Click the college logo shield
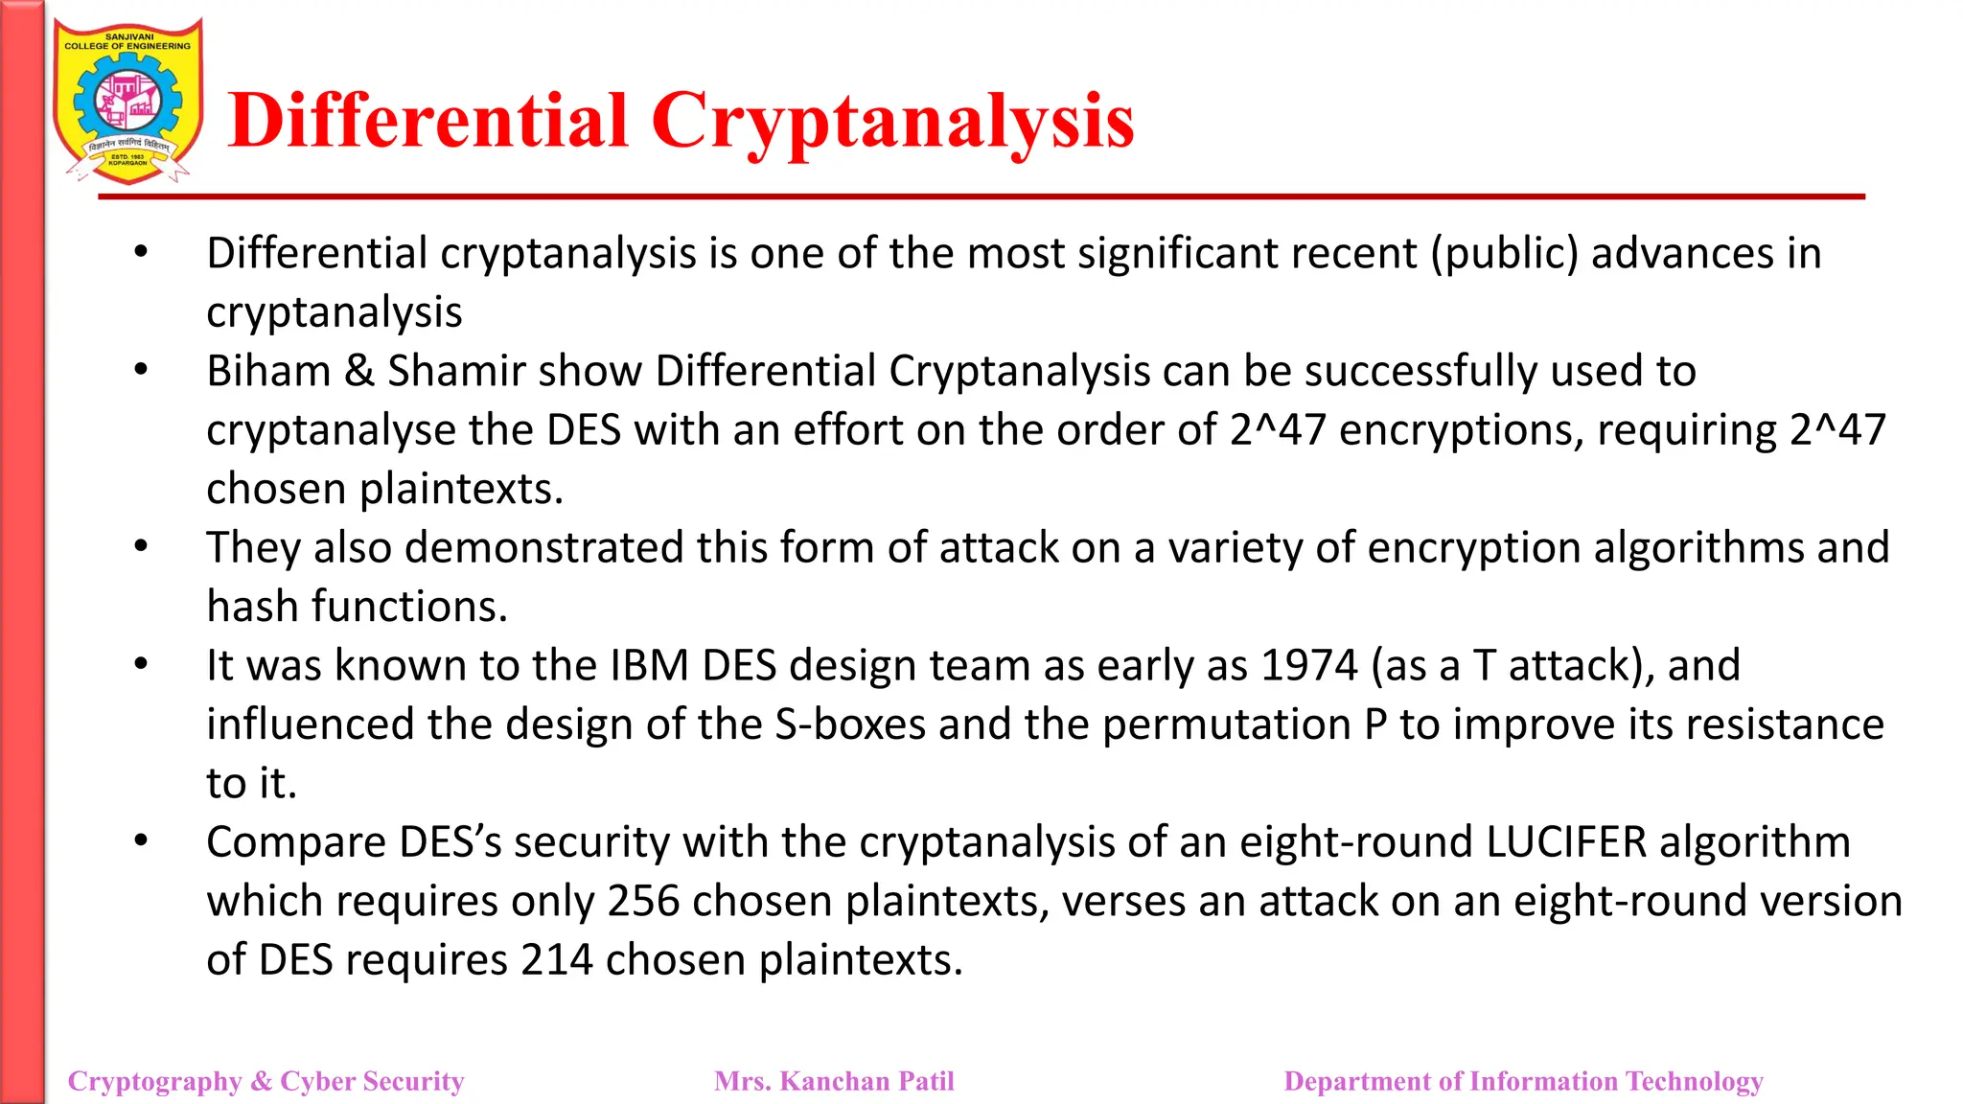pyautogui.click(x=128, y=101)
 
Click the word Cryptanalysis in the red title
pyautogui.click(x=891, y=122)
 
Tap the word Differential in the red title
pyautogui.click(x=428, y=122)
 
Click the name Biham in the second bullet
pyautogui.click(x=268, y=372)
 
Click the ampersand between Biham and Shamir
pyautogui.click(x=358, y=372)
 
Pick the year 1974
pyautogui.click(x=1309, y=666)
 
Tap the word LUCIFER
pyautogui.click(x=1566, y=842)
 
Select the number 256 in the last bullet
pyautogui.click(x=643, y=902)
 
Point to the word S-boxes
pyautogui.click(x=849, y=725)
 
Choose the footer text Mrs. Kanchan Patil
pyautogui.click(x=834, y=1081)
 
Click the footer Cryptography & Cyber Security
pyautogui.click(x=266, y=1081)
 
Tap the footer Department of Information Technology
pyautogui.click(x=1523, y=1081)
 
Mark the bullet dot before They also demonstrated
pyautogui.click(x=141, y=547)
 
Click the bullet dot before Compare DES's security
pyautogui.click(x=141, y=841)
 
